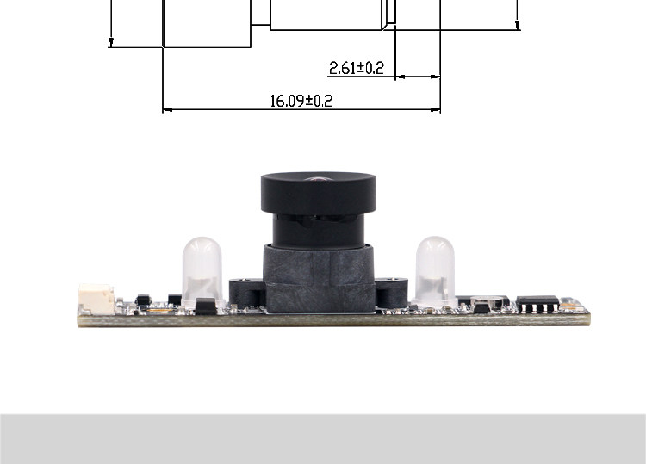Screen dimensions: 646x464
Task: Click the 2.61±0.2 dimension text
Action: (x=357, y=68)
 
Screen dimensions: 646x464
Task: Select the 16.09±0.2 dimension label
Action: (x=301, y=101)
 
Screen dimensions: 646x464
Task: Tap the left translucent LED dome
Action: (x=202, y=271)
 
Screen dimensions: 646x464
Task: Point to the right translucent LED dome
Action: (x=435, y=271)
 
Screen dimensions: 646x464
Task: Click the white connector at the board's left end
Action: (x=96, y=299)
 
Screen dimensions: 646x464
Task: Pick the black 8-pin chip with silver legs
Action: (x=537, y=304)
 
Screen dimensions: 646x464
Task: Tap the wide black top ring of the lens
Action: (x=319, y=194)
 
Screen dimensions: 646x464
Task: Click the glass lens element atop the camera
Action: (x=318, y=179)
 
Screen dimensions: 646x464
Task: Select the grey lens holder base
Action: (x=319, y=278)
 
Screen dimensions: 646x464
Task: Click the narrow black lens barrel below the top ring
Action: (x=319, y=231)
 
